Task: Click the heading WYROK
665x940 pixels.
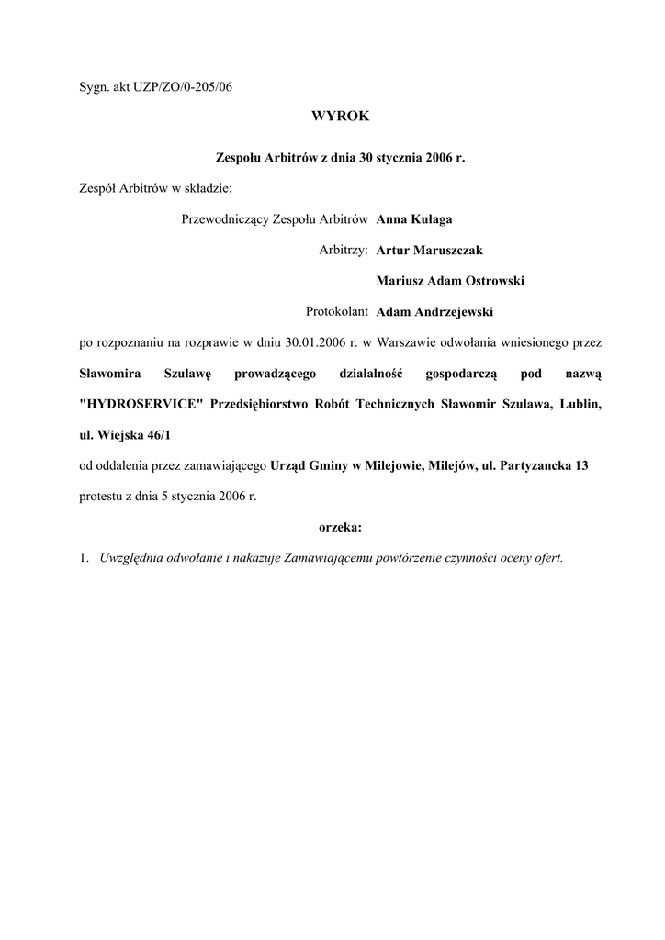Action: coord(340,117)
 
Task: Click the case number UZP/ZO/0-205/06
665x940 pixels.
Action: coord(182,87)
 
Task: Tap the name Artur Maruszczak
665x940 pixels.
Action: coord(429,250)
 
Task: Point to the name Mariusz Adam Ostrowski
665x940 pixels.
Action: coord(450,281)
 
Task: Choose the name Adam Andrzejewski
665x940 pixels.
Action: coord(434,311)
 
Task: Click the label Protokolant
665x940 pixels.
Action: coord(337,311)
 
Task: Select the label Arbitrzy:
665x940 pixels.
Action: coord(344,250)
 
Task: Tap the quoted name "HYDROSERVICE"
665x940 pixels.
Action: coord(141,404)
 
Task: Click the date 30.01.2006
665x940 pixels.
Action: coord(314,342)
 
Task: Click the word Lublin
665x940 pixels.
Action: coord(581,404)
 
